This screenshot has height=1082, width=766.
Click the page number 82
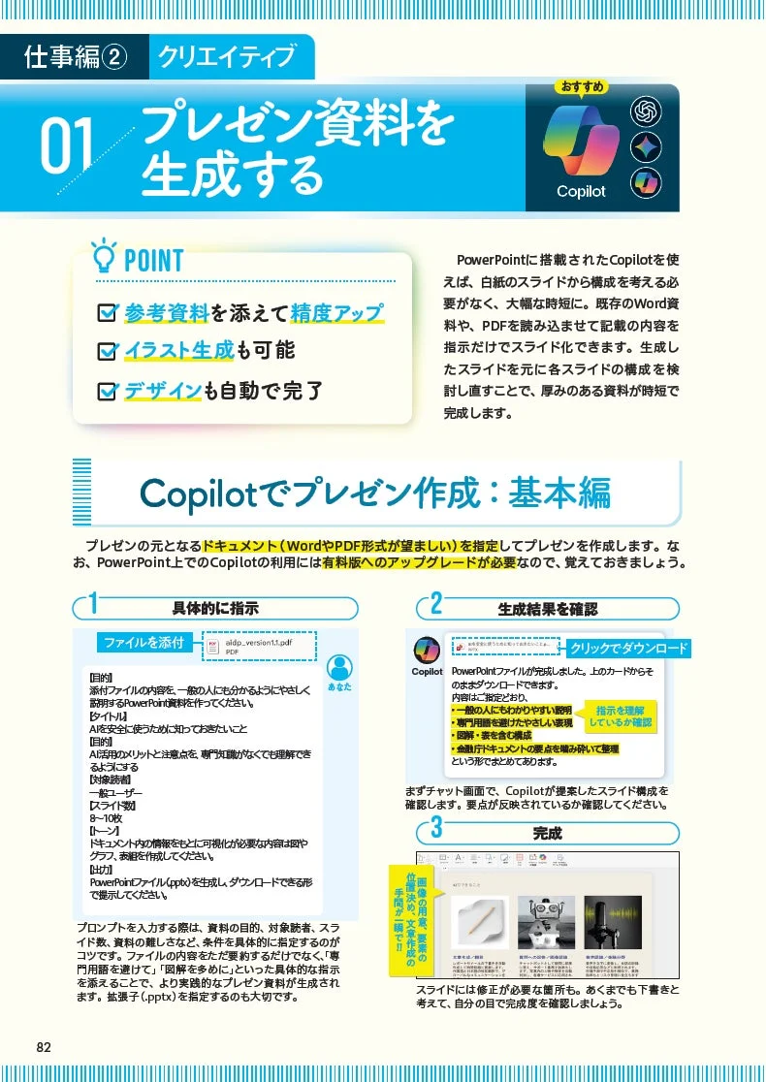click(x=44, y=1047)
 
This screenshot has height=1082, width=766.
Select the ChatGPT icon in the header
click(x=645, y=111)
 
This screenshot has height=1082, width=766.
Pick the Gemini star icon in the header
click(x=645, y=146)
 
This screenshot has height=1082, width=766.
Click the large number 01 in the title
click(x=68, y=147)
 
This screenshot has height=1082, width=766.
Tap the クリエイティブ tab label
click(x=227, y=57)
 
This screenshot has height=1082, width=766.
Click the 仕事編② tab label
click(x=76, y=57)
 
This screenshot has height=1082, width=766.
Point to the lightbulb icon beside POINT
click(x=102, y=258)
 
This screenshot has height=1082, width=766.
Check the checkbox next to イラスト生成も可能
click(x=108, y=351)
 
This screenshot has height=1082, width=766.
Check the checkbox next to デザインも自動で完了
click(x=108, y=392)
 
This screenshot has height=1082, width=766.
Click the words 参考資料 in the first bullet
click(x=167, y=312)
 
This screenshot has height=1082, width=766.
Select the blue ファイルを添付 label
click(x=144, y=642)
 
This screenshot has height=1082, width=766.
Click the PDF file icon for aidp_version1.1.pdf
click(x=212, y=647)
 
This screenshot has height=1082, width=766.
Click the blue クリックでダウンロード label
click(x=628, y=649)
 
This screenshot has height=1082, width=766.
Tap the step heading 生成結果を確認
click(x=548, y=609)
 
